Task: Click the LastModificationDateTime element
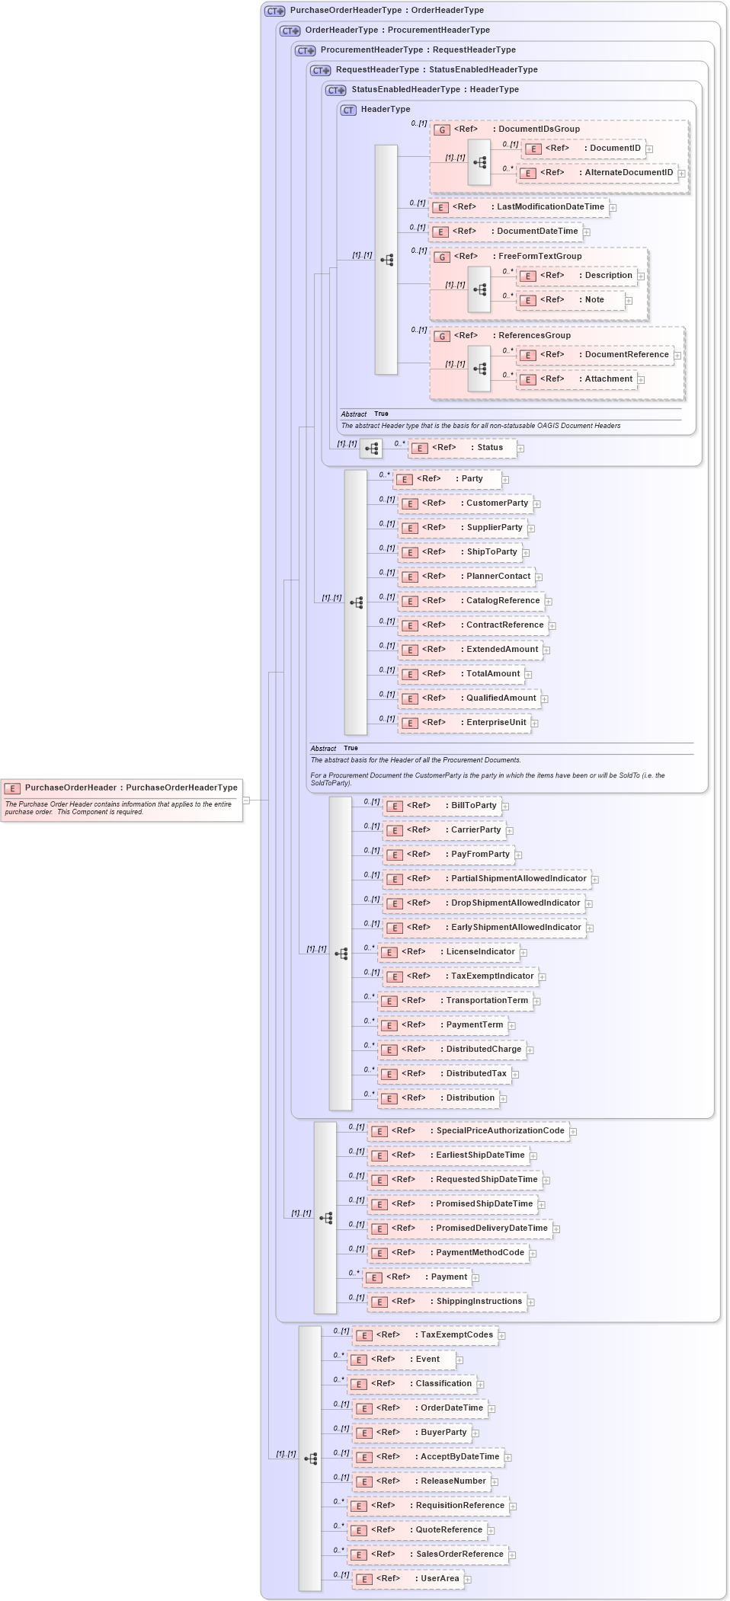tap(522, 207)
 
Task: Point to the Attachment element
tap(579, 379)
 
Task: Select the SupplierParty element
tap(466, 528)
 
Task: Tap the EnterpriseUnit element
tap(467, 723)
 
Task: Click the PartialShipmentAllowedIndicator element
tap(490, 879)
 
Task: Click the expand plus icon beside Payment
tap(475, 1278)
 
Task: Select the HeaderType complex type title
tap(385, 110)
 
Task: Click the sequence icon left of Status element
tap(371, 449)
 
